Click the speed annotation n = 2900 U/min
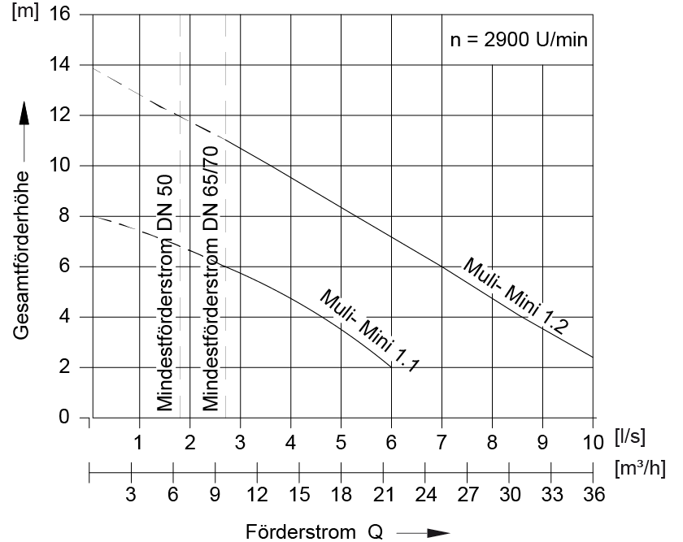pos(518,40)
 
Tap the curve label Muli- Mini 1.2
pos(515,292)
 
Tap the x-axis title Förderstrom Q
pos(314,532)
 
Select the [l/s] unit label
pos(630,437)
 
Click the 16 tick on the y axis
pos(60,15)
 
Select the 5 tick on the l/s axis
pos(341,444)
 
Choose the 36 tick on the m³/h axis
pos(594,493)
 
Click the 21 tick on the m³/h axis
pos(383,493)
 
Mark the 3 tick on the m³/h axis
pos(131,493)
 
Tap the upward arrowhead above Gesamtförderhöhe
pos(24,115)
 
